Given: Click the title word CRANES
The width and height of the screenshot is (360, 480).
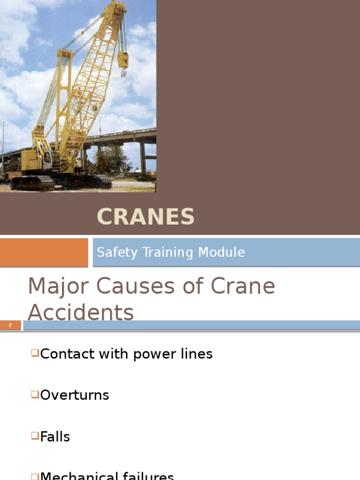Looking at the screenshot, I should coord(145,217).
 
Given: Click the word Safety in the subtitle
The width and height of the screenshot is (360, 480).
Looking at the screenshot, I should coord(111,252).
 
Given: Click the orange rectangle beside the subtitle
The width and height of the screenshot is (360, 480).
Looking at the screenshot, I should coord(44,252).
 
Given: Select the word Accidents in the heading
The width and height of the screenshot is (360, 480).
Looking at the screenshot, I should coord(81,312).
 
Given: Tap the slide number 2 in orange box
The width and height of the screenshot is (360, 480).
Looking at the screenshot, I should coord(10,325).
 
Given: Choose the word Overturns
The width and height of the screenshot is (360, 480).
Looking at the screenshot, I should coord(75,395).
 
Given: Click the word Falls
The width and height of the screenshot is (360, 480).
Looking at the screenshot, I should coord(55,437).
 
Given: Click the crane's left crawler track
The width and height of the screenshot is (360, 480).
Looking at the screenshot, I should coord(32,183).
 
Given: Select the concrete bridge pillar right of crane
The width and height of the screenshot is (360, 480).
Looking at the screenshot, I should coord(142,157).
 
